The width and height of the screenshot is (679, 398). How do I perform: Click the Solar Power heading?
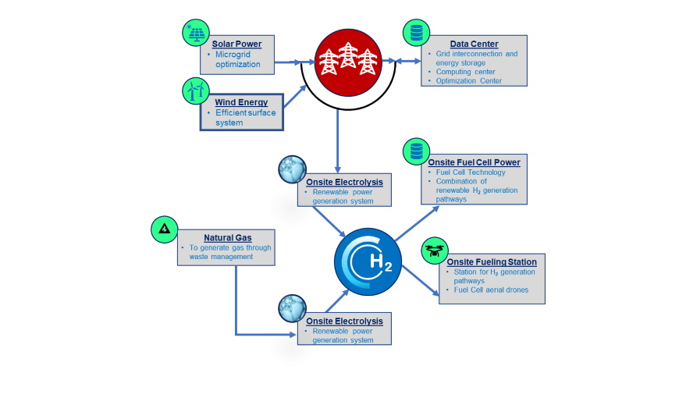tap(236, 44)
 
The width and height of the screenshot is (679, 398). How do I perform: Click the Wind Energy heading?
tap(241, 102)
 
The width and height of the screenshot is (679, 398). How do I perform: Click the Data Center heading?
tap(474, 44)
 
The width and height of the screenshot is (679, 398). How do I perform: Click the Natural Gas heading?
tap(227, 237)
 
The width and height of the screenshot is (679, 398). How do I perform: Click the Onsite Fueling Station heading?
tap(491, 261)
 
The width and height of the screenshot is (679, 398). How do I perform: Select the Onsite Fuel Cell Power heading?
tap(474, 162)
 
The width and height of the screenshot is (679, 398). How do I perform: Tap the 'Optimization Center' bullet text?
tap(468, 80)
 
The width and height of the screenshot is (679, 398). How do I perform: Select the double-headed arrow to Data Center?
tap(402, 61)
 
